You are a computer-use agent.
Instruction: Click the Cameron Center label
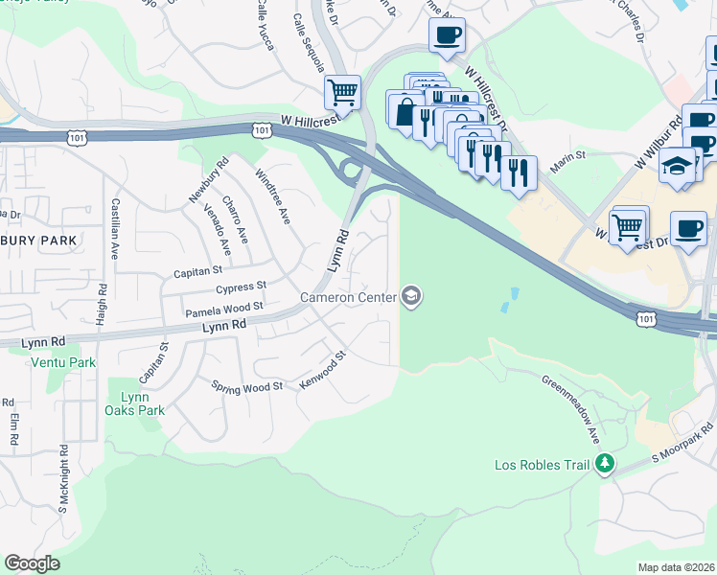348,297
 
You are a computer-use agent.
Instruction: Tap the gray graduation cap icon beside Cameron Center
411,296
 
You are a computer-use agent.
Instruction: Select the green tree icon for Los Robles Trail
604,465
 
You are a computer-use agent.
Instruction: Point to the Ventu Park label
63,363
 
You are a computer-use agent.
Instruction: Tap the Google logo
33,563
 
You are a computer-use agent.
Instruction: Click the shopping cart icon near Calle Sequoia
342,93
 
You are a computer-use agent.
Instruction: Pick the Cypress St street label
241,287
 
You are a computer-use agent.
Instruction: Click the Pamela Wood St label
223,309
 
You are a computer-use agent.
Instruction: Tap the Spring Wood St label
247,386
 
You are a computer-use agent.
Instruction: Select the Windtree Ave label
272,197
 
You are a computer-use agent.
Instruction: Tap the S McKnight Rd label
63,477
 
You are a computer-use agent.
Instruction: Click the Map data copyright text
677,566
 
